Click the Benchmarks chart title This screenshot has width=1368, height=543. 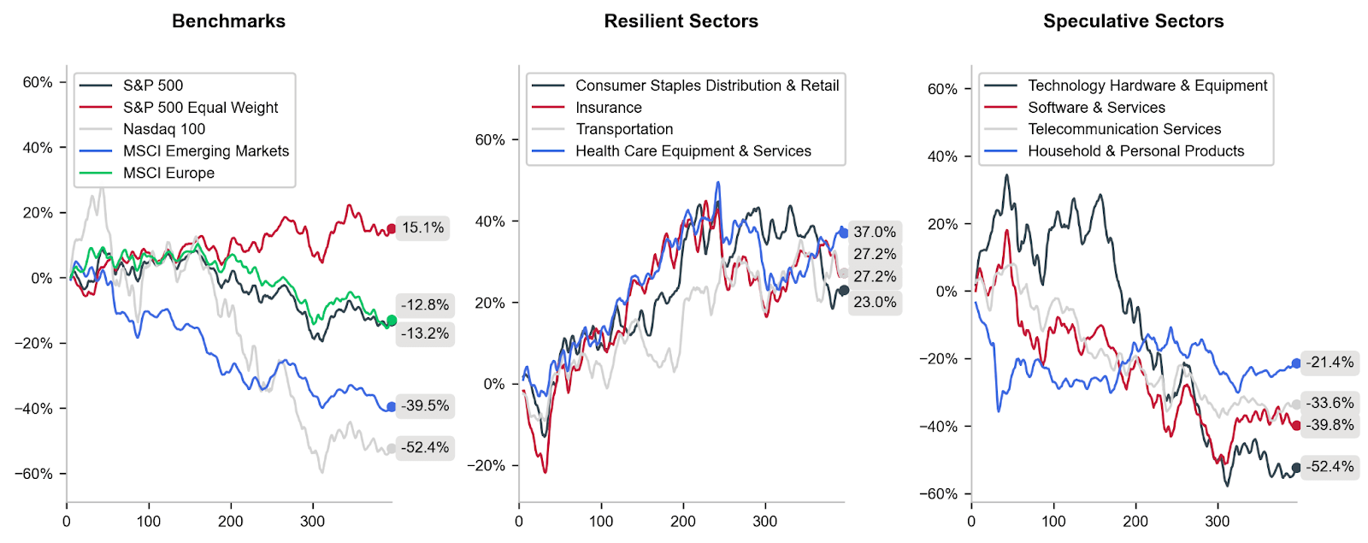tap(228, 21)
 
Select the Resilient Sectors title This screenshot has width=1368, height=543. tap(681, 21)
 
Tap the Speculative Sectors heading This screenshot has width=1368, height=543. tap(1133, 21)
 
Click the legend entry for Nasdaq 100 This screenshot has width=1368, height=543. tap(163, 129)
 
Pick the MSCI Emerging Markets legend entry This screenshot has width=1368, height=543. tap(205, 151)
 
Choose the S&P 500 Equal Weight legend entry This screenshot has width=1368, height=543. tap(200, 108)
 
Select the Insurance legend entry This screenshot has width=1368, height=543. tap(608, 108)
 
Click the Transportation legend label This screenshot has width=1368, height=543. tap(624, 129)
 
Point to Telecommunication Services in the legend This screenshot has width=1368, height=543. tap(1123, 129)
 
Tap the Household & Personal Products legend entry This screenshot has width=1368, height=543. tap(1135, 151)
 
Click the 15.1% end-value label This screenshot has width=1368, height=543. tap(423, 227)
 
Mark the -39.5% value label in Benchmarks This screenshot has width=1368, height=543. tap(425, 405)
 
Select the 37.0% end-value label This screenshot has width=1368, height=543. tap(875, 232)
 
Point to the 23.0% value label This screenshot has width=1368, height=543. tap(875, 302)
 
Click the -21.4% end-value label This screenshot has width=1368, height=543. tap(1330, 363)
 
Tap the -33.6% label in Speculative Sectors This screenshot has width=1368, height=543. tap(1330, 403)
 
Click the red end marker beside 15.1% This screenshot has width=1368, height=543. tap(392, 228)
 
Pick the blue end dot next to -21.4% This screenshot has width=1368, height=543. tap(1296, 363)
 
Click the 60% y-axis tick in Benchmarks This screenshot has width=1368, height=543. tap(38, 82)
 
